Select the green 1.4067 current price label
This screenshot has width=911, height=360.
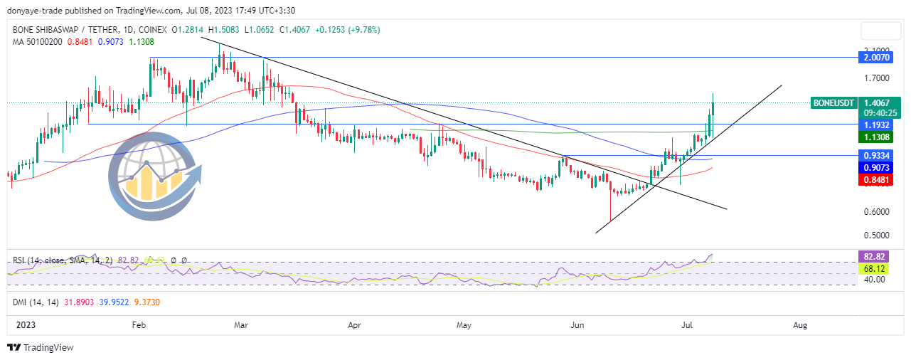[880, 102]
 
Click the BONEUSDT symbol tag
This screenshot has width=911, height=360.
[833, 103]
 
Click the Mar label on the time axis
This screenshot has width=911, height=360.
[241, 325]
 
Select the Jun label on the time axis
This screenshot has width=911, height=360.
[577, 325]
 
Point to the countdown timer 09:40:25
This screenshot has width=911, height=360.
[880, 112]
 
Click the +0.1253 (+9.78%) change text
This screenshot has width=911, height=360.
[344, 30]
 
